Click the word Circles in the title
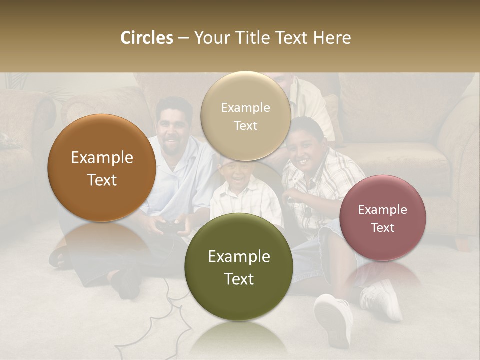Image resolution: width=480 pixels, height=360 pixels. (x=146, y=38)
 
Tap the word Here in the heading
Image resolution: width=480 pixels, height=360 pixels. (x=332, y=38)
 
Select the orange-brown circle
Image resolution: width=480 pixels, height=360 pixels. (x=102, y=168)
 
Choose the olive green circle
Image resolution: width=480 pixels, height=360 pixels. (x=239, y=267)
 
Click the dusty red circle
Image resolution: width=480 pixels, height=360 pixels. (x=383, y=218)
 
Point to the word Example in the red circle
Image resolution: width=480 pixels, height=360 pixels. (x=383, y=209)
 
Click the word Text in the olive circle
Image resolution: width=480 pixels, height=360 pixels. (x=239, y=279)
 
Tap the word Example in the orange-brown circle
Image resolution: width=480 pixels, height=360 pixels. (x=102, y=158)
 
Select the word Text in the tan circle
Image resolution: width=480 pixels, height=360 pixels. (x=245, y=125)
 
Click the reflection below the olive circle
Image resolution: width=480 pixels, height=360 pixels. (x=239, y=340)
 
